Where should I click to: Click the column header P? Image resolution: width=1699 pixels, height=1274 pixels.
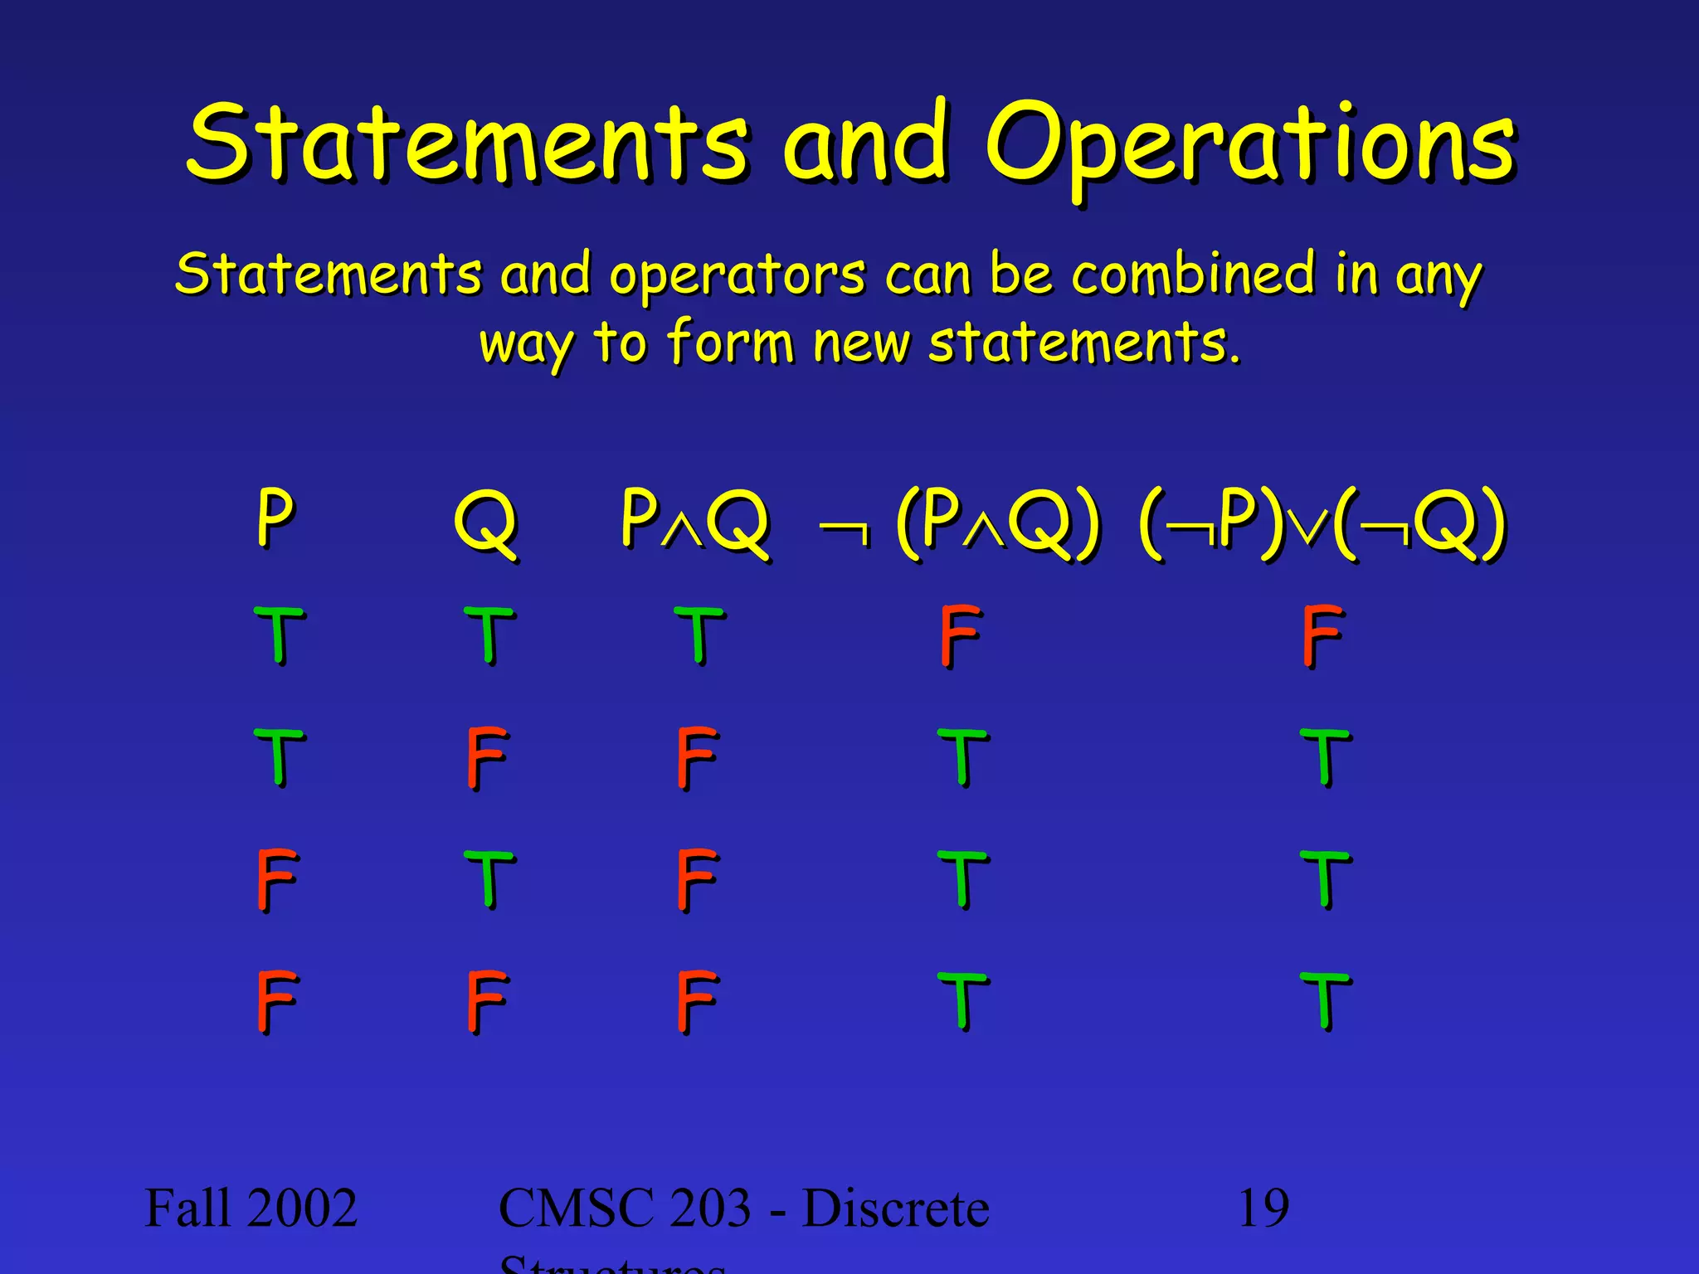coord(275,518)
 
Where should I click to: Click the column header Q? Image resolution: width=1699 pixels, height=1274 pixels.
coord(486,523)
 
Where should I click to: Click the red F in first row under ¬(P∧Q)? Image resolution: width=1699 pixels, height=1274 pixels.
coord(961,635)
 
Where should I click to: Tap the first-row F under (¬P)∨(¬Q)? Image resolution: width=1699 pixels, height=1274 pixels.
coord(1322,635)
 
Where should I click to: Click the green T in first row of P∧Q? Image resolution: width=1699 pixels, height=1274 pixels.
coord(699,635)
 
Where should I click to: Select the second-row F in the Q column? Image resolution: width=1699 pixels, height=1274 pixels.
coord(486,757)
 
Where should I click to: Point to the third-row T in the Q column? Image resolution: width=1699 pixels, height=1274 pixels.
coord(489,879)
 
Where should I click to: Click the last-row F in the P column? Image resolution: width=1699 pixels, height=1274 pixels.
coord(275,1001)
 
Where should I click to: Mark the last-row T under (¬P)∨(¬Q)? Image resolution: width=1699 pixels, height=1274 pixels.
coord(1325,1001)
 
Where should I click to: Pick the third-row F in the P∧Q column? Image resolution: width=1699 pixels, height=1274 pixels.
coord(696,879)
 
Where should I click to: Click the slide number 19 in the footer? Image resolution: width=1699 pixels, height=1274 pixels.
coord(1263,1208)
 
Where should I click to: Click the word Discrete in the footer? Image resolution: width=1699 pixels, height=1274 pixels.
coord(896,1208)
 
